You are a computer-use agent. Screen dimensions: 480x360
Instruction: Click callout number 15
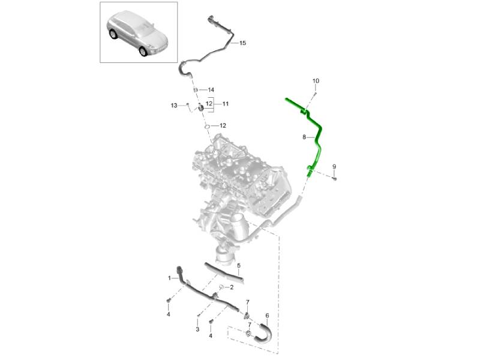pos(242,43)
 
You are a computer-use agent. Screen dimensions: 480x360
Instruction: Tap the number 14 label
pos(211,90)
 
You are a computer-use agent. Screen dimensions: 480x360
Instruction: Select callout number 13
pos(174,106)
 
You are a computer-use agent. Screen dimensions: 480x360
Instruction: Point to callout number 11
pos(226,104)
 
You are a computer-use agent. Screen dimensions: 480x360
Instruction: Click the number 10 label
pos(316,81)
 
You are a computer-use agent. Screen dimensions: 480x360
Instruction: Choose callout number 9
pos(334,167)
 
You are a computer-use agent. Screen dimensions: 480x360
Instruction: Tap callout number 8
pos(304,137)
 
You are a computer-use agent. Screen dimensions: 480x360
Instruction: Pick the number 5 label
pos(239,266)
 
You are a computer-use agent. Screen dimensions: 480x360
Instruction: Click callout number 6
pos(267,316)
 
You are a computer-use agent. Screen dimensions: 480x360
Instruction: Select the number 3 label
pos(197,329)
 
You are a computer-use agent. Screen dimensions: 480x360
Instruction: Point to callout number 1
pos(169,278)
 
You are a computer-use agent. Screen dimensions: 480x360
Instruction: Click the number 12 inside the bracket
pos(209,104)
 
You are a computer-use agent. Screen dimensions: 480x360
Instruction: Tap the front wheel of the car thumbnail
pos(143,52)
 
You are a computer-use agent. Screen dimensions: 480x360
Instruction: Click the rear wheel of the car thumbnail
pos(113,34)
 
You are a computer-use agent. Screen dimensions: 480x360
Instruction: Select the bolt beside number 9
pos(334,178)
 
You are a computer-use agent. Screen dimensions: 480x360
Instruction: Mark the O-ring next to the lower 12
pos(207,127)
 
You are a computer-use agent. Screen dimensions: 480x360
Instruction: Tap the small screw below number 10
pos(315,93)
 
